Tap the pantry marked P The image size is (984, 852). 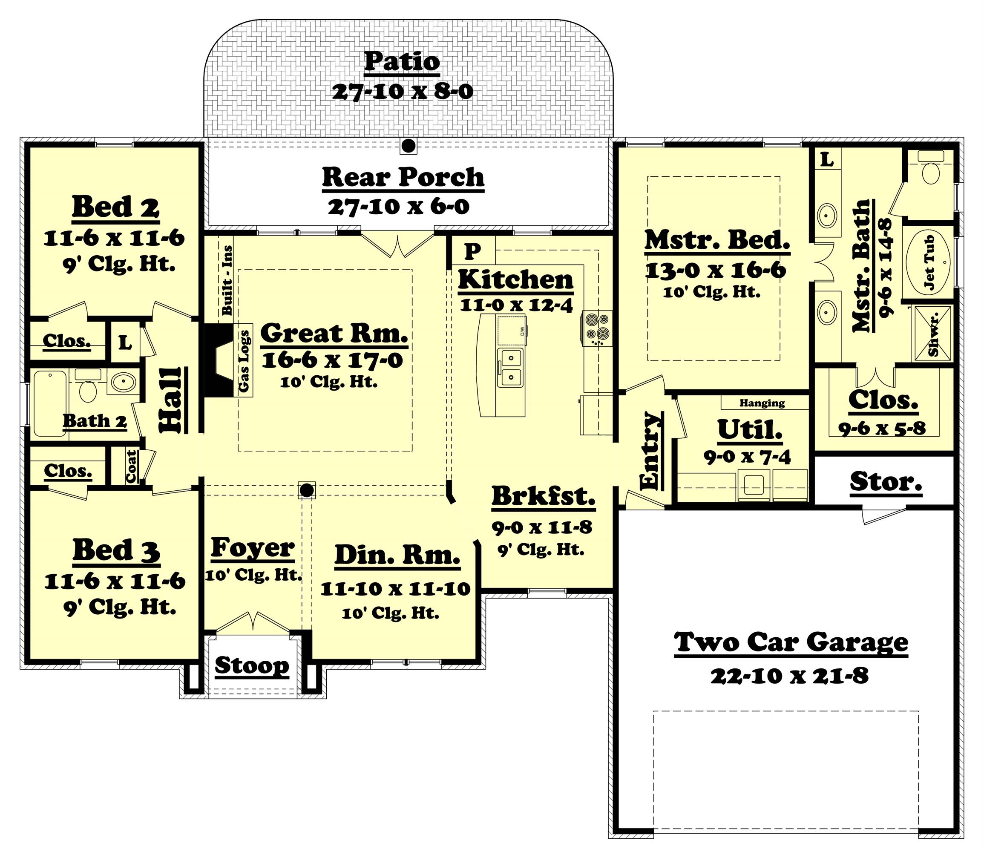(472, 250)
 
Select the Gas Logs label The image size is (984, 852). (245, 361)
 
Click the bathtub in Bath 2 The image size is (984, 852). (49, 403)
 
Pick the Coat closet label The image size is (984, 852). (131, 466)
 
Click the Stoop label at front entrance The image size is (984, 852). (251, 665)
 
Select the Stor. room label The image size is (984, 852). (886, 482)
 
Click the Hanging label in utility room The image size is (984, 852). (762, 403)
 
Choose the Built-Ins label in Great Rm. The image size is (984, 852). (227, 280)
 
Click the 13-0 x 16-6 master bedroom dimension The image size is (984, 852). (715, 271)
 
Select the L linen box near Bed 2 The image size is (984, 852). (125, 343)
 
